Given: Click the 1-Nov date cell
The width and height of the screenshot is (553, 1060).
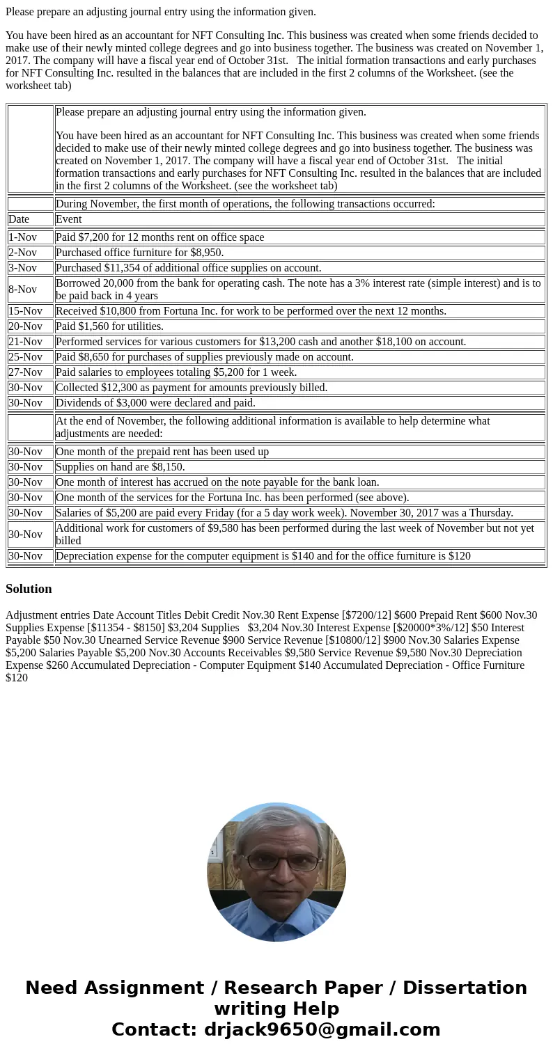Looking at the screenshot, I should click(22, 237).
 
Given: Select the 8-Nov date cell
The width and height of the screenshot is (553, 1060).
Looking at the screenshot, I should click(22, 290).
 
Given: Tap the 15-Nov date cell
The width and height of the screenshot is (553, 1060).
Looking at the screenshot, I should click(25, 311).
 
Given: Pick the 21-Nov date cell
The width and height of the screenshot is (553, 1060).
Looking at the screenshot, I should click(25, 342).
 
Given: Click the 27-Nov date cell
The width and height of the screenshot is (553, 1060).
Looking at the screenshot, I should click(25, 372).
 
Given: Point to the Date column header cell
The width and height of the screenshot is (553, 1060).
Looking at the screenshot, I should click(19, 219).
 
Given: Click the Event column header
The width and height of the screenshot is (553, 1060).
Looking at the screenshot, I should click(68, 219).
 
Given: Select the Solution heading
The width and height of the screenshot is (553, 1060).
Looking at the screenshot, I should click(29, 589).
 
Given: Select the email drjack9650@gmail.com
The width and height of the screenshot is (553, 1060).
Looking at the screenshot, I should click(322, 1029).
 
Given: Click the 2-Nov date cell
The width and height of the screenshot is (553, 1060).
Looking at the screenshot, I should click(22, 253).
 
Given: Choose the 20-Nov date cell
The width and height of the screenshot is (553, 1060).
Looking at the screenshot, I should click(25, 326).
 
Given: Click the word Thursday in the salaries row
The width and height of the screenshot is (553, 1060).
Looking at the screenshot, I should click(488, 513).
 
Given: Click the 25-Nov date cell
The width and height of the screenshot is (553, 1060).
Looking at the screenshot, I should click(25, 357).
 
